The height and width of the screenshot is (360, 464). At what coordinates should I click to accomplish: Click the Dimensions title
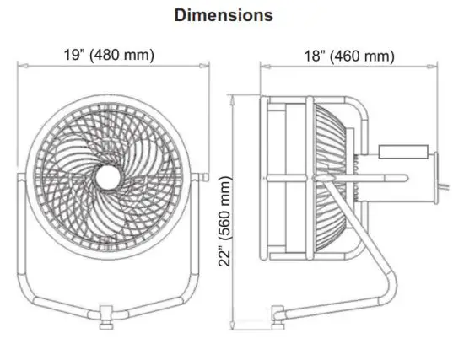223,15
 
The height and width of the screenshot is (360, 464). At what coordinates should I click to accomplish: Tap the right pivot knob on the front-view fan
203,176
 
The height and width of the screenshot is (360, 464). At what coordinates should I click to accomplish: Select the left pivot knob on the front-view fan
16,176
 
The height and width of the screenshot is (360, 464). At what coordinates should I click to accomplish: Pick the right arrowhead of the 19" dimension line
207,66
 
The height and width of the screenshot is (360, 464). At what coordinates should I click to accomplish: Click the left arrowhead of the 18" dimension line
263,66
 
